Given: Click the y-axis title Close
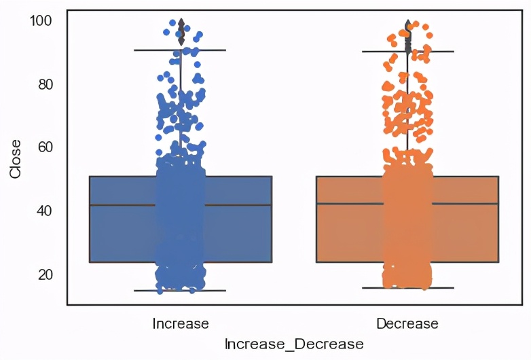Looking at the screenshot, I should (x=16, y=158).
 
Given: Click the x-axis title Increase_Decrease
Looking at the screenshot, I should (x=293, y=344).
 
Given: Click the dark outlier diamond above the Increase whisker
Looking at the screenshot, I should (x=181, y=30).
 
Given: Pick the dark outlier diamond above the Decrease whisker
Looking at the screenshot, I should (x=407, y=27).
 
